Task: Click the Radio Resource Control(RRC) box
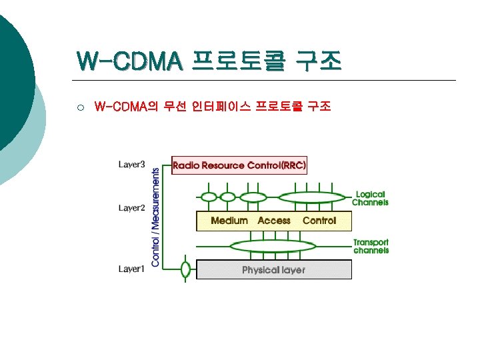tap(239, 165)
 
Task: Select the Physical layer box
tap(273, 269)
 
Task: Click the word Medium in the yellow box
tap(229, 221)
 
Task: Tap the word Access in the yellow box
tap(274, 221)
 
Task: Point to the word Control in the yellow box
tap(319, 221)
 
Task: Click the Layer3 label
tap(131, 163)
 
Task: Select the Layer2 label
tap(131, 208)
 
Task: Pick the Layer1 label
tap(131, 269)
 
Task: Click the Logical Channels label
tap(370, 198)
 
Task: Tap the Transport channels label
tap(371, 246)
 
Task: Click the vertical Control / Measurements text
tap(155, 217)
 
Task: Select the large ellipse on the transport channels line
tap(272, 246)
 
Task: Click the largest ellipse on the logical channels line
tap(311, 197)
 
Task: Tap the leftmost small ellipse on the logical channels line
tap(209, 197)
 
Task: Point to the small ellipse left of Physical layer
tap(186, 269)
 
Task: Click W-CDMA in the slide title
tap(129, 61)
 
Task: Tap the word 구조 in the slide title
tap(318, 61)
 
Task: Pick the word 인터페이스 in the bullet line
tap(220, 107)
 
